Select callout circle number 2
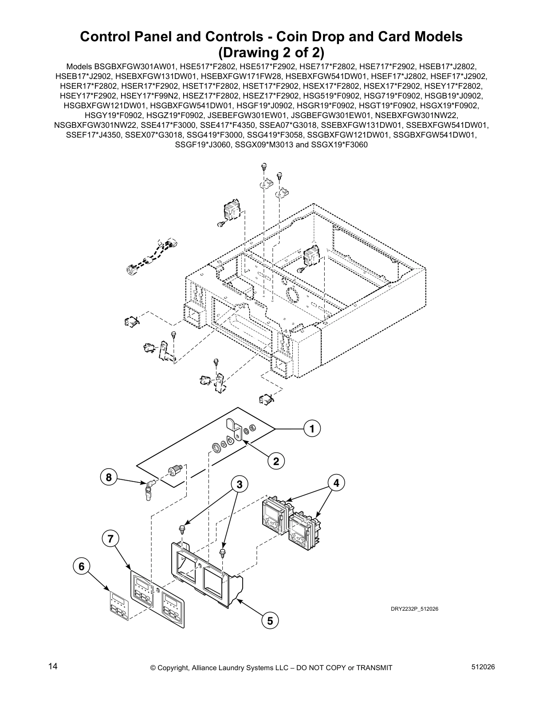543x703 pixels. (x=276, y=462)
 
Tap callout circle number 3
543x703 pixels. (x=239, y=485)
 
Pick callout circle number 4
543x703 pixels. (x=336, y=483)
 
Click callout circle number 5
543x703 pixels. (x=270, y=620)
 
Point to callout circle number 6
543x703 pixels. (x=81, y=567)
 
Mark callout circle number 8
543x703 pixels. (x=108, y=478)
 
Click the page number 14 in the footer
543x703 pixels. (x=53, y=666)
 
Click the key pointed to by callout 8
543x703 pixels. (x=149, y=490)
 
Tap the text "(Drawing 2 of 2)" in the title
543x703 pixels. (x=271, y=52)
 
